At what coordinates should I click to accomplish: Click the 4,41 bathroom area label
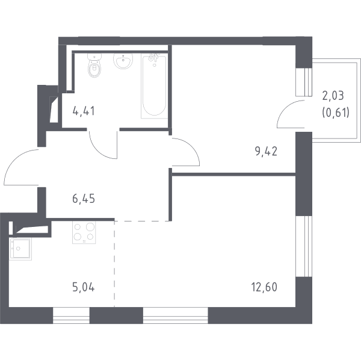tap(84, 111)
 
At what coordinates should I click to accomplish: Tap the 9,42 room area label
tap(266, 152)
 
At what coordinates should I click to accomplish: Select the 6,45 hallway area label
tap(84, 199)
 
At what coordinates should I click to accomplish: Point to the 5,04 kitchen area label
tap(84, 287)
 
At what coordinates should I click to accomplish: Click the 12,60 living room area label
tap(264, 287)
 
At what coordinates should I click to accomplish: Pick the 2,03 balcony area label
tap(333, 96)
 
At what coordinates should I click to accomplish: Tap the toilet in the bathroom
tap(94, 65)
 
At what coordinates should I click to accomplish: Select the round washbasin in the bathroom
tap(123, 61)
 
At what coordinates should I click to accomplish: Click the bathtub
tap(154, 87)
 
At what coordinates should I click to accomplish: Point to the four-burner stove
tap(84, 232)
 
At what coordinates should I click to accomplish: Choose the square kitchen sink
tap(20, 249)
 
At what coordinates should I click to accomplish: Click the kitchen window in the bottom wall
tap(71, 315)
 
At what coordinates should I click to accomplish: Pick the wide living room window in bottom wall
tap(176, 315)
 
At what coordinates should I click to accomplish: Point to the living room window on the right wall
tap(304, 246)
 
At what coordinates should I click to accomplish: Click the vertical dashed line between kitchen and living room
tap(114, 264)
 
